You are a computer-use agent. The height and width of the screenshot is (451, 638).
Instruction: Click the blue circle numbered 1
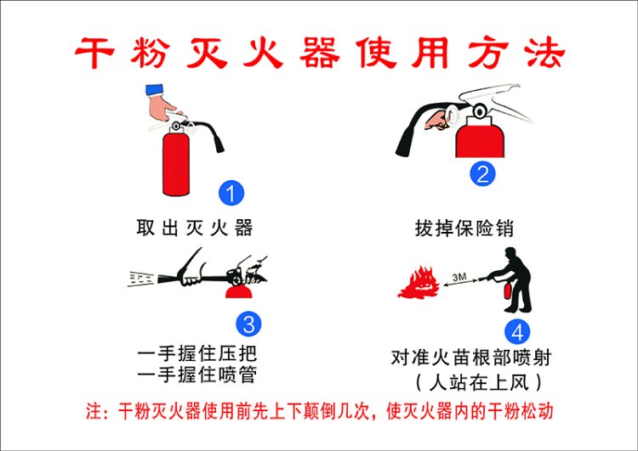(231, 193)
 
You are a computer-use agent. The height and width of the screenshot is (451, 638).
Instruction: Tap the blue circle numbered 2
(482, 173)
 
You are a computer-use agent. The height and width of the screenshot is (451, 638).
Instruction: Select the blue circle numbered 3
(248, 324)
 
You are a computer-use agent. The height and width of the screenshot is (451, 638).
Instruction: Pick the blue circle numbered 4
(517, 331)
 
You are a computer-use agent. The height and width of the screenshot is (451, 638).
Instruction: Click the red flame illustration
(419, 284)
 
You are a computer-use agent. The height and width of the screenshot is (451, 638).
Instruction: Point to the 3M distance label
(459, 277)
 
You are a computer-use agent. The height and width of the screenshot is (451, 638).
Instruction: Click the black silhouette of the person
(514, 280)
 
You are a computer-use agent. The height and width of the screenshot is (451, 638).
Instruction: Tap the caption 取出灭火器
(195, 228)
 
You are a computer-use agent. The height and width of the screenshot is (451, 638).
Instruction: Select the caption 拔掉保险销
(464, 228)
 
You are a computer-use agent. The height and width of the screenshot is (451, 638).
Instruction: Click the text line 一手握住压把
(197, 354)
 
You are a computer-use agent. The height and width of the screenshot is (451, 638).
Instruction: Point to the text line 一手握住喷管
(197, 375)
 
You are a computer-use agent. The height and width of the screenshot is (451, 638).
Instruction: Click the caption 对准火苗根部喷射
(471, 358)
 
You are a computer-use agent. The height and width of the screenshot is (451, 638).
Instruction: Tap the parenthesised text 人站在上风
(479, 382)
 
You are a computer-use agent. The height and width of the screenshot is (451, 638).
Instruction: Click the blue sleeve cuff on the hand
(154, 90)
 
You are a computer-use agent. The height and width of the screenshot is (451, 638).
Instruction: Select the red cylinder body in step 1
(176, 162)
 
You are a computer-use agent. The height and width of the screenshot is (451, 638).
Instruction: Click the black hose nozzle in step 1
(219, 145)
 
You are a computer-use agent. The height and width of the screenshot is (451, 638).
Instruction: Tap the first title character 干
(94, 53)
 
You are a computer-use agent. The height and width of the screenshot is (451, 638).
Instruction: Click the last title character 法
(545, 53)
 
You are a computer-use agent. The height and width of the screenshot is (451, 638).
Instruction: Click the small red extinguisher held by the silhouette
(508, 290)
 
